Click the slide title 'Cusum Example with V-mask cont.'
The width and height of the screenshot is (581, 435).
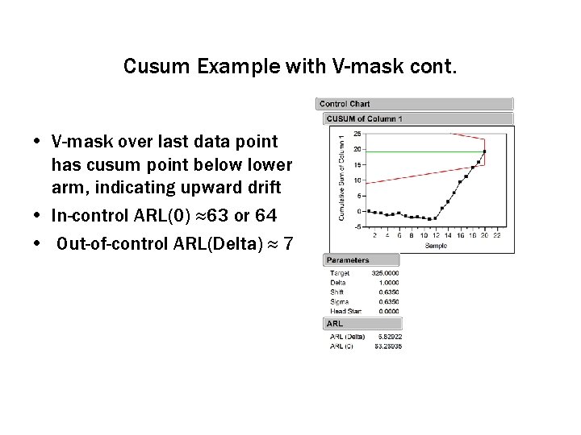(x=290, y=66)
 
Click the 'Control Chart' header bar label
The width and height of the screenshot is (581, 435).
(x=345, y=104)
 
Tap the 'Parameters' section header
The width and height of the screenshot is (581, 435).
(x=349, y=260)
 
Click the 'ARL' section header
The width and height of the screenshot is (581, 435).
(x=335, y=324)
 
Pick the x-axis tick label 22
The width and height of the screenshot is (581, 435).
(x=497, y=235)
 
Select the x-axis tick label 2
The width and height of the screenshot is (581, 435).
(x=374, y=235)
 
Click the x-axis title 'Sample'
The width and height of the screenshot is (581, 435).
(x=436, y=244)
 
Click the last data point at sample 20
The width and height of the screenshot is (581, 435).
(x=485, y=151)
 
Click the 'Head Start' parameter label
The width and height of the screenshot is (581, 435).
(x=345, y=311)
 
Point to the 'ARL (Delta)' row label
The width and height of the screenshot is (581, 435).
(x=348, y=336)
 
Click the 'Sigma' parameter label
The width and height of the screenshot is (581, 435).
(x=338, y=301)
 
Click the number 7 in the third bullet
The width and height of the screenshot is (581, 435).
(x=287, y=244)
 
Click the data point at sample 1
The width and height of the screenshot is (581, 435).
(x=368, y=211)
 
